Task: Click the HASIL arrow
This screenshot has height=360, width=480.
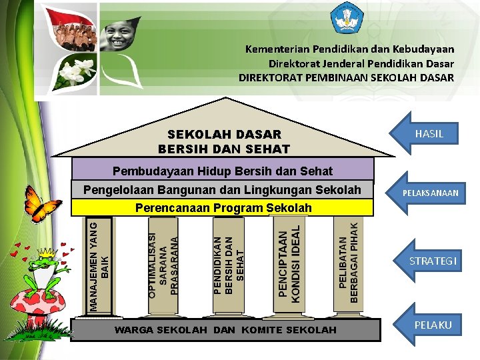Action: (x=429, y=134)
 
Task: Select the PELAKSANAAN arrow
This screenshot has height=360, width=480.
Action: (x=430, y=193)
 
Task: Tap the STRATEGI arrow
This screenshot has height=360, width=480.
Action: (x=431, y=261)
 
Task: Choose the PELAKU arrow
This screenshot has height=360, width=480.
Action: (x=431, y=325)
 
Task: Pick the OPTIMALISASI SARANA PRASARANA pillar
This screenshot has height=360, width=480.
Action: (x=163, y=265)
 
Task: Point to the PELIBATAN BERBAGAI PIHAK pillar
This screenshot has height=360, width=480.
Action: (x=348, y=265)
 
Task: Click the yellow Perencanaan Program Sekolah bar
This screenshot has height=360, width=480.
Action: (x=223, y=208)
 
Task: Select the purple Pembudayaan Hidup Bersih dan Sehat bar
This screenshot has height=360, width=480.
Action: (x=223, y=171)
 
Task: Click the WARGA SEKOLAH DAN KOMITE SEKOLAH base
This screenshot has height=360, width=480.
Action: (x=225, y=330)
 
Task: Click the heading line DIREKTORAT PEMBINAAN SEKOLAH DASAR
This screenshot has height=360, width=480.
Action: (x=346, y=77)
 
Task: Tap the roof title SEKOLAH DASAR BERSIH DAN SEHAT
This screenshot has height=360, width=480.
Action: (x=224, y=141)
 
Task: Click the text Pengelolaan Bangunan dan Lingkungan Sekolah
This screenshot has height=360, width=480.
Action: (x=222, y=190)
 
